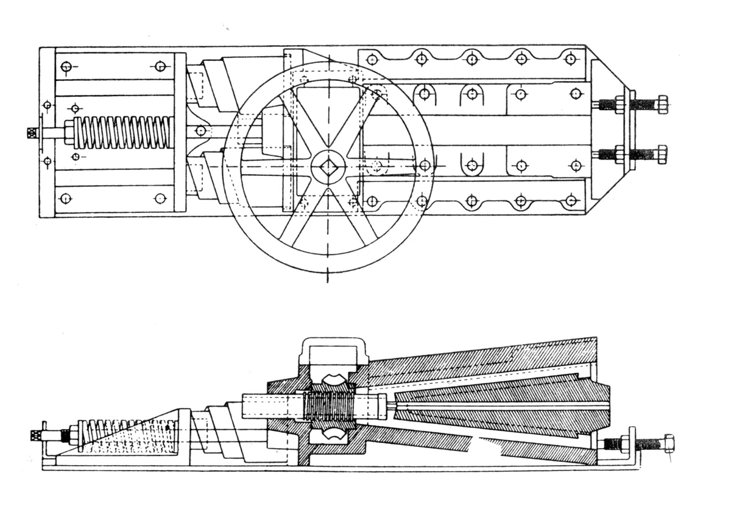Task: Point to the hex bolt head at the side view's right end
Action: pos(668,443)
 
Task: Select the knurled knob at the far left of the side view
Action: pos(34,436)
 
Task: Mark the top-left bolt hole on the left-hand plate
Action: pos(66,66)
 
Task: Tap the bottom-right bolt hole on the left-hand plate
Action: pos(160,198)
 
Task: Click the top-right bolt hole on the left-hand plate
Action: pos(160,66)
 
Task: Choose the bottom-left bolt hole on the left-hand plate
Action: pos(66,198)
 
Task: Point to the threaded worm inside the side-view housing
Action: pos(329,407)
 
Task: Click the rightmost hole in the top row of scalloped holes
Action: pos(570,59)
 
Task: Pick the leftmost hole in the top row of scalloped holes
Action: pos(371,59)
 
